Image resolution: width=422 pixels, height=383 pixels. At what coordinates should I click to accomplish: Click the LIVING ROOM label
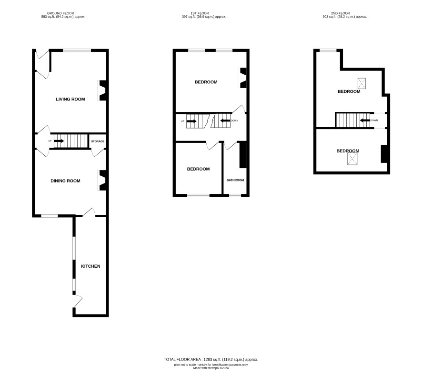coord(70,99)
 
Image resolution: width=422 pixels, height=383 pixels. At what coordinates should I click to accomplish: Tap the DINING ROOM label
coord(65,181)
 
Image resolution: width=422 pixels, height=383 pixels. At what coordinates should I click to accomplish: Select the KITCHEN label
coord(90,266)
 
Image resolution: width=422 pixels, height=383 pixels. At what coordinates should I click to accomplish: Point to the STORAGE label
coord(98,141)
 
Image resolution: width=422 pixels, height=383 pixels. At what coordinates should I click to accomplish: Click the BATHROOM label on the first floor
coord(235,180)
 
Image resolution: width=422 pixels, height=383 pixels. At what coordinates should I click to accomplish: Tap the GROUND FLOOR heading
coord(60,13)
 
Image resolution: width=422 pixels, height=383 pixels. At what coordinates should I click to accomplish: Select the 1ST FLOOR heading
coord(200,13)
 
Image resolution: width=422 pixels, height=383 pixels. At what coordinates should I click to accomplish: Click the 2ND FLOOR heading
coord(341,13)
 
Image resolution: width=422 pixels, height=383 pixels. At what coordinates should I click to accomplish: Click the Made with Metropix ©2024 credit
coord(211,368)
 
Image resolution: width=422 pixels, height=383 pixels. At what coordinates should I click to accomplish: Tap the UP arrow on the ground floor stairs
coord(59,141)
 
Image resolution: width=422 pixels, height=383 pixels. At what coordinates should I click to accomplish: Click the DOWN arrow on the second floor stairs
coord(365,120)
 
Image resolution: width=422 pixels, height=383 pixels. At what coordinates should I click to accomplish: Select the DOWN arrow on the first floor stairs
coord(226,121)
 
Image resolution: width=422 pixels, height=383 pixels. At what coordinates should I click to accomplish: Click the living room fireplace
coord(102,91)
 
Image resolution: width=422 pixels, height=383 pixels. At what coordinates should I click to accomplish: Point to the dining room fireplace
coord(102,180)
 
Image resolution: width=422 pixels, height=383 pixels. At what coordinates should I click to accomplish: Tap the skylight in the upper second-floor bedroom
coord(362,83)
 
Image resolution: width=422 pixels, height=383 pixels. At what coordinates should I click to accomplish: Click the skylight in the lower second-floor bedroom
coord(352,159)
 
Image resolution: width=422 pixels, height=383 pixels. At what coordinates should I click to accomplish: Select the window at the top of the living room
coord(77,50)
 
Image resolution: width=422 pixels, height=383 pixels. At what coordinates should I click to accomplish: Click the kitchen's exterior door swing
coord(78,301)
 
